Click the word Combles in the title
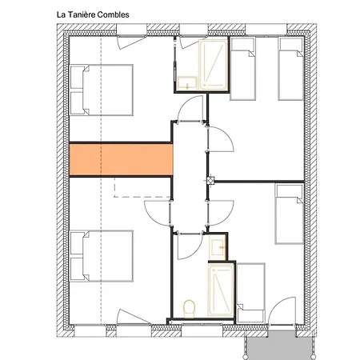(x=113, y=14)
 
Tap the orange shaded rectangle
(x=121, y=159)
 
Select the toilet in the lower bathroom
(x=189, y=309)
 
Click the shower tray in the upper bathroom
(x=214, y=65)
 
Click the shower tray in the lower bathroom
(x=221, y=290)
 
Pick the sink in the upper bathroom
(x=187, y=83)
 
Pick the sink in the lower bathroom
(x=218, y=247)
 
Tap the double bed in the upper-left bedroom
(x=101, y=90)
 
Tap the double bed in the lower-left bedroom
(x=101, y=256)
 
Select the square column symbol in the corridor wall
(x=210, y=181)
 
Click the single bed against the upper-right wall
(x=290, y=69)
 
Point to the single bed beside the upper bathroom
(x=242, y=69)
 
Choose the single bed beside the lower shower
(x=251, y=293)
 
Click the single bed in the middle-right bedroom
(x=290, y=214)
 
